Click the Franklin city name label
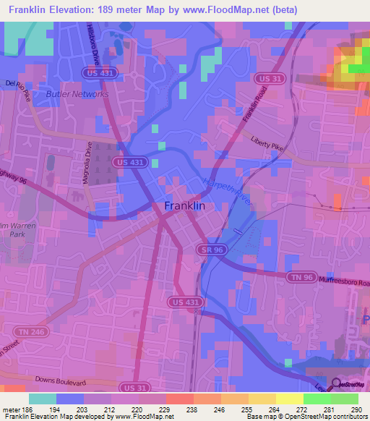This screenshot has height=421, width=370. point(185,205)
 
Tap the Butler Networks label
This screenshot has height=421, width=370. point(77,94)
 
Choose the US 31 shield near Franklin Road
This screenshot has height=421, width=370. point(267,78)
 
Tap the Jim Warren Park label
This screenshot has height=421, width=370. point(16,229)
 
